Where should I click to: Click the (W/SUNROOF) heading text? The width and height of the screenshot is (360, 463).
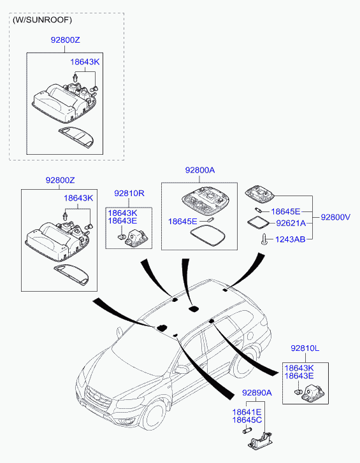pos(42,20)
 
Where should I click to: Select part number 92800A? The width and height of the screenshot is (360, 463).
pos(200,170)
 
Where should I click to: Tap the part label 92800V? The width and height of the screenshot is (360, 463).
pos(336,217)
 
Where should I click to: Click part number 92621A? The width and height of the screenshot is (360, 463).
pos(291,224)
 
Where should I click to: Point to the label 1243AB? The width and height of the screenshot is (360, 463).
pos(290,239)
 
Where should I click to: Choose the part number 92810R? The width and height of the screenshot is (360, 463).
pos(129,194)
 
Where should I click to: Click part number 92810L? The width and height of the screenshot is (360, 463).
pos(305,348)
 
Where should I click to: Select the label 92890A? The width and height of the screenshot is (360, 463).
pos(257,393)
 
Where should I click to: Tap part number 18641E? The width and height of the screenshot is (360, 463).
pos(247,412)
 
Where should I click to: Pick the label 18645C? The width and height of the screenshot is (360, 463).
pos(247,420)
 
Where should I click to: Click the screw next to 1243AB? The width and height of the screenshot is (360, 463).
pos(264,239)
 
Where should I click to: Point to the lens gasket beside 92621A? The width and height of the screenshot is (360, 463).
pos(258,222)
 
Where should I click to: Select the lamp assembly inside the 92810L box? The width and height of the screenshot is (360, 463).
pos(312,392)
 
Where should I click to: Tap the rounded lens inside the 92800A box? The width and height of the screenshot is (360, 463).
pos(208,236)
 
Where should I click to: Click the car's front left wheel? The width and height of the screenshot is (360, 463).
pos(154,415)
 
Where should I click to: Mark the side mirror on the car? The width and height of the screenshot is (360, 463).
pos(181,369)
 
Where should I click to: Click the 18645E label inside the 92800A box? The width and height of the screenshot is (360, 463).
pos(182,222)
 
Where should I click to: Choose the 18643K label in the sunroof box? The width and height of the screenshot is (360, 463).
pos(85,62)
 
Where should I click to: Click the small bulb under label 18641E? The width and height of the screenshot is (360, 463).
pos(247,431)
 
